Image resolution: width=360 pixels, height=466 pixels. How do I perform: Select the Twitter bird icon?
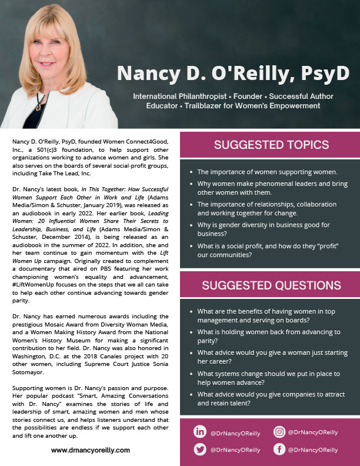pos(200,450)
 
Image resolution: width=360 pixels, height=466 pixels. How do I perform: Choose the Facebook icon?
pos(279,450)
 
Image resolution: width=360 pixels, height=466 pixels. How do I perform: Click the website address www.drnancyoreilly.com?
pos(91,450)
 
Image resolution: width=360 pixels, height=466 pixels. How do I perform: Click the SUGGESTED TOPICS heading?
pos(271,145)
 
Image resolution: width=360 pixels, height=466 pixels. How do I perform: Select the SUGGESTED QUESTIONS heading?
pos(271,286)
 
